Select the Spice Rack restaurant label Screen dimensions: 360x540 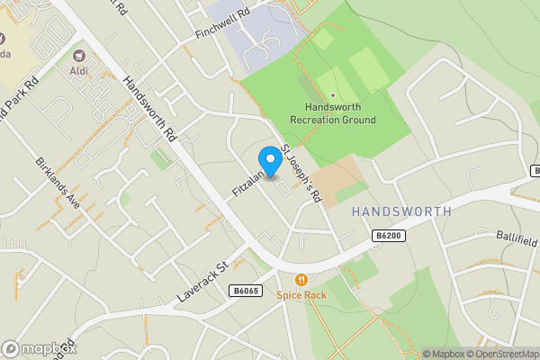tap(301, 294)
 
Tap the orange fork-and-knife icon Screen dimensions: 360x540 tap(301, 279)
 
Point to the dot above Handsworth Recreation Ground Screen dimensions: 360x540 tap(333, 95)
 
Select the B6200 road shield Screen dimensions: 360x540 tap(389, 235)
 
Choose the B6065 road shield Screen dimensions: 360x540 tap(245, 291)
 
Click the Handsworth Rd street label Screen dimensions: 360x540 tap(149, 107)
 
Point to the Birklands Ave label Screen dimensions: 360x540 tap(58, 184)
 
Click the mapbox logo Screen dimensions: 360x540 tap(39, 349)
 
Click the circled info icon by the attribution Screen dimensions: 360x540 tap(415, 354)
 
